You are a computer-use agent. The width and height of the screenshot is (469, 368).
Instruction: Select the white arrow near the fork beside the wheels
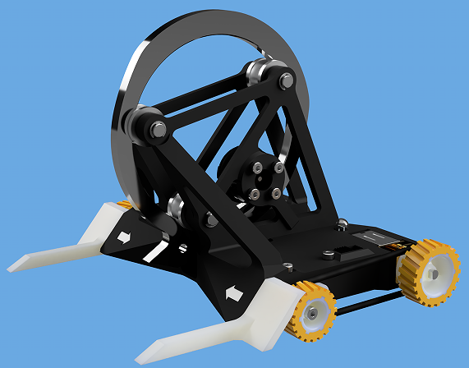232,292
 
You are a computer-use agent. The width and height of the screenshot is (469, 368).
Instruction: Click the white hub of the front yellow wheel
314,314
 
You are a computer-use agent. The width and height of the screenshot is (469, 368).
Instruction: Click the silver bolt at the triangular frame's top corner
286,80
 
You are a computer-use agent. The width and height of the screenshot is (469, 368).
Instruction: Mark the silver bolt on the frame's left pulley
156,129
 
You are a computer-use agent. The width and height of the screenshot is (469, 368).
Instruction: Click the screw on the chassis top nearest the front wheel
287,265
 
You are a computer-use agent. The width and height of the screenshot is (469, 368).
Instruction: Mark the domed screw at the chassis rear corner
343,223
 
